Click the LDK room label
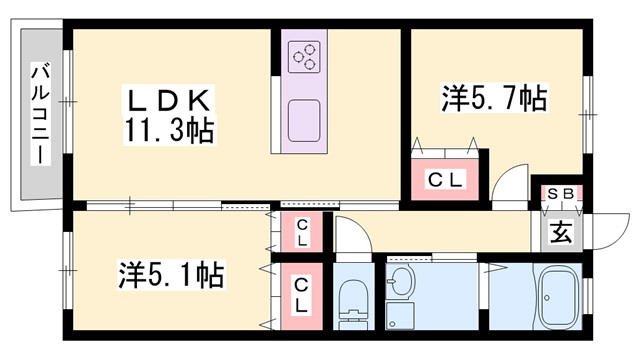click(167, 100)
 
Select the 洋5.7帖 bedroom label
click(494, 99)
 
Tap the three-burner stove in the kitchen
click(304, 56)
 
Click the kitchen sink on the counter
click(304, 121)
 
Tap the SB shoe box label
click(557, 193)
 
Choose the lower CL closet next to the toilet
click(300, 296)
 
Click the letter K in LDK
click(196, 100)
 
